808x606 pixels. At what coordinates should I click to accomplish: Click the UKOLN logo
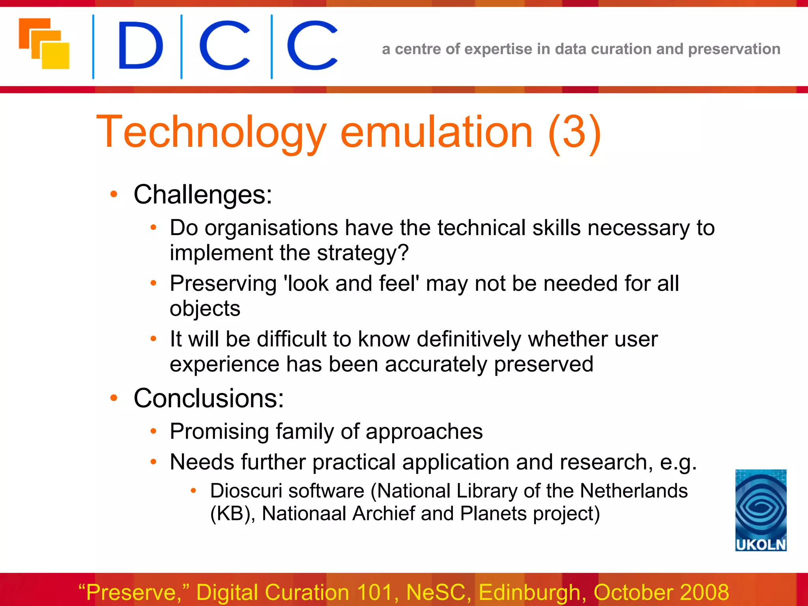pyautogui.click(x=761, y=510)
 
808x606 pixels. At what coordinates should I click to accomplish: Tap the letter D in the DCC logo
pyautogui.click(x=140, y=45)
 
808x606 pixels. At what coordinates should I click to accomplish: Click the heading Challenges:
pyautogui.click(x=203, y=195)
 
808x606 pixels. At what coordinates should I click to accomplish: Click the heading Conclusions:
pyautogui.click(x=208, y=398)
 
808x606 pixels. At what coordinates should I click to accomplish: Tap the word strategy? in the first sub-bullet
pyautogui.click(x=363, y=253)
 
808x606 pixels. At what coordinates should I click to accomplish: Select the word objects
pyautogui.click(x=205, y=309)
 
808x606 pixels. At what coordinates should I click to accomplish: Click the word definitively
pyautogui.click(x=469, y=339)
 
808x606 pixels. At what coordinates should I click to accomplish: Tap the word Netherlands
pyautogui.click(x=634, y=491)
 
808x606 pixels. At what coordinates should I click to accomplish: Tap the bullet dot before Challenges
pyautogui.click(x=114, y=194)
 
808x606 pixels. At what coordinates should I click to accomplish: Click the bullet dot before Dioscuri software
pyautogui.click(x=193, y=491)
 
